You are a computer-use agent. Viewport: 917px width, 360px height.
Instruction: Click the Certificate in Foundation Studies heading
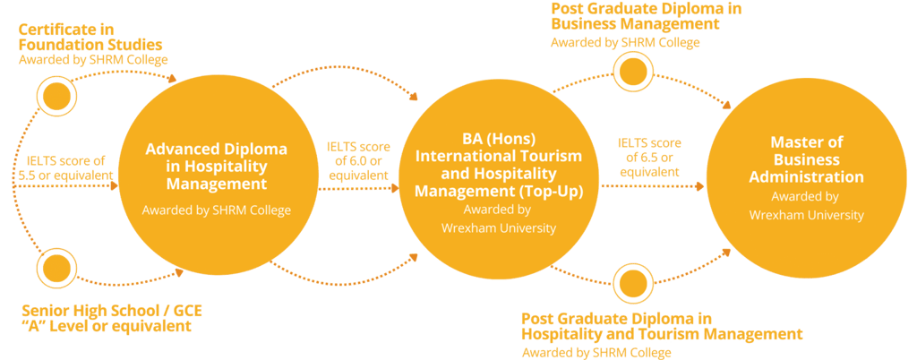[90, 37]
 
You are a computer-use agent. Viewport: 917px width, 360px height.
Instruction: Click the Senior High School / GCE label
[112, 311]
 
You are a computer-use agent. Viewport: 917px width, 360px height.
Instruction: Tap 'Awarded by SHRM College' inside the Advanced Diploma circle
[217, 210]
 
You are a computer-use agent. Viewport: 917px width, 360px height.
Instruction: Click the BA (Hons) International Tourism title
[498, 166]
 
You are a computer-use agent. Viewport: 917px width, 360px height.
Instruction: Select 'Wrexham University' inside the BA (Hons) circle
[498, 227]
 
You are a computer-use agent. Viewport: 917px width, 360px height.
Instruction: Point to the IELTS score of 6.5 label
[650, 157]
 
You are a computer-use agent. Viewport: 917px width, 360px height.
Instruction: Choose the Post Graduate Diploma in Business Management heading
[647, 16]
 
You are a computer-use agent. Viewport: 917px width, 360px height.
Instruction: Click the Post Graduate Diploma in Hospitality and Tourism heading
[661, 326]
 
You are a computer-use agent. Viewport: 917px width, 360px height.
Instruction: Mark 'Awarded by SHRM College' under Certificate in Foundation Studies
[93, 60]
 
